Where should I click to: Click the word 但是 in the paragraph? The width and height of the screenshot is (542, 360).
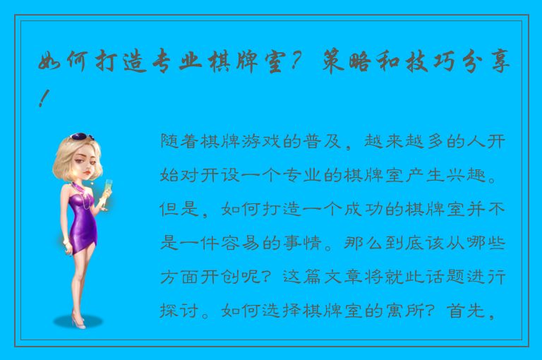[x=176, y=209]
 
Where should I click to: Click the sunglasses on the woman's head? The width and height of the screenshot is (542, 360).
[x=83, y=137]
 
